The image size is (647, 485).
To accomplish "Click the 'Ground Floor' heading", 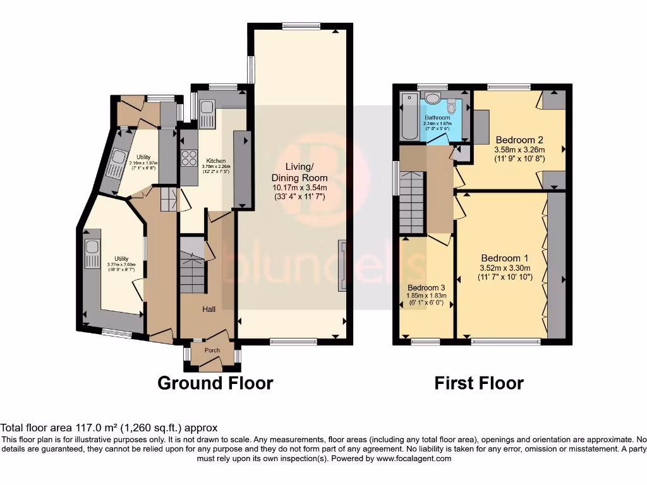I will pos(215,383).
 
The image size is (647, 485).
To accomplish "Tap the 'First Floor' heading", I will pos(479,383).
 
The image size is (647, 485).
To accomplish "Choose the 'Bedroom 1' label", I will pos(505,258).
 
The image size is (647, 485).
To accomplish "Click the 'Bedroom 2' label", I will pos(519,140).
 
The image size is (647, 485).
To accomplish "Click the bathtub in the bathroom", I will pos(408,117).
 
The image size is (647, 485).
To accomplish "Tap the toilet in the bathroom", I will pos(433,97).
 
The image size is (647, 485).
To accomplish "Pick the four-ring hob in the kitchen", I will pos(190,157).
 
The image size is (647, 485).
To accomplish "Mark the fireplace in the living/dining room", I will pos(342,266).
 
